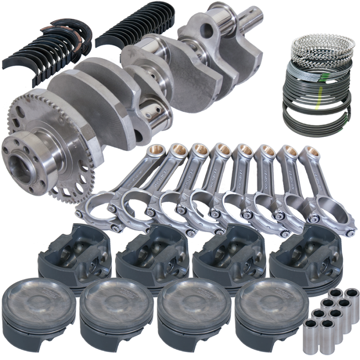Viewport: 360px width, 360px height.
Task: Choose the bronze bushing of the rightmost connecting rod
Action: click(x=310, y=152)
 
